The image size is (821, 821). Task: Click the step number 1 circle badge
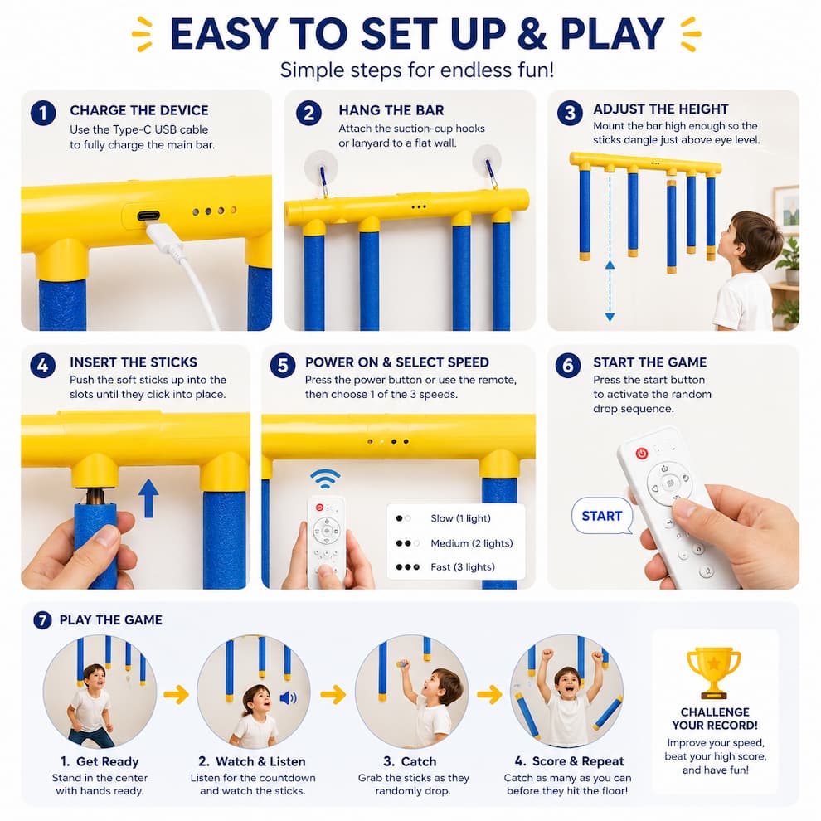(43, 113)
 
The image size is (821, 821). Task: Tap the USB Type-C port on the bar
(149, 216)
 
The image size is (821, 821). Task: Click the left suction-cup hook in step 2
(321, 168)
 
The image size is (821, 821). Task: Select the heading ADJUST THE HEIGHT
(660, 109)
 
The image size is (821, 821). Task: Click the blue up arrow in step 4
(148, 498)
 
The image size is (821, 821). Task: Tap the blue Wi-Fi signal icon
(325, 479)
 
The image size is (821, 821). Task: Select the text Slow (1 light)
(460, 518)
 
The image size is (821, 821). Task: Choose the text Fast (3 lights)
(463, 566)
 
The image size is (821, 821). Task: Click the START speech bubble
(601, 516)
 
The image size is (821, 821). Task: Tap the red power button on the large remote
(641, 453)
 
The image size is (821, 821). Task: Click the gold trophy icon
(714, 673)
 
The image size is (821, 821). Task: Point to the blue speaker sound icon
(288, 698)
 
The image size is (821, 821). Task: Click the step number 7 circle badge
(42, 620)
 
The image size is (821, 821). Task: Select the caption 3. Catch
(410, 761)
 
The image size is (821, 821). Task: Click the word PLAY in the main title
(612, 34)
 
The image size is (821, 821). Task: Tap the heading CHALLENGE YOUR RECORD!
(715, 718)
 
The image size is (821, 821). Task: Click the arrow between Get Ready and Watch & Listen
(177, 695)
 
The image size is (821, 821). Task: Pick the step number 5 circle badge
(283, 365)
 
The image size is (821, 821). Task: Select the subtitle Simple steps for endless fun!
(417, 70)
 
